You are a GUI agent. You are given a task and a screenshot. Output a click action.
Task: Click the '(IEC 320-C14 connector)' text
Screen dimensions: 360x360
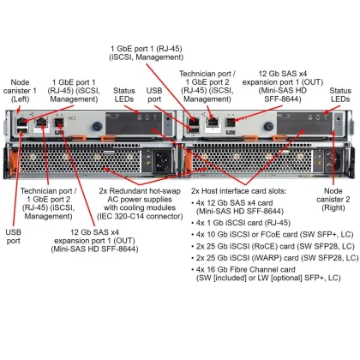point(136,218)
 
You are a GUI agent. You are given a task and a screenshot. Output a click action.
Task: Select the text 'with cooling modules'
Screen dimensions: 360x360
point(136,208)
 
